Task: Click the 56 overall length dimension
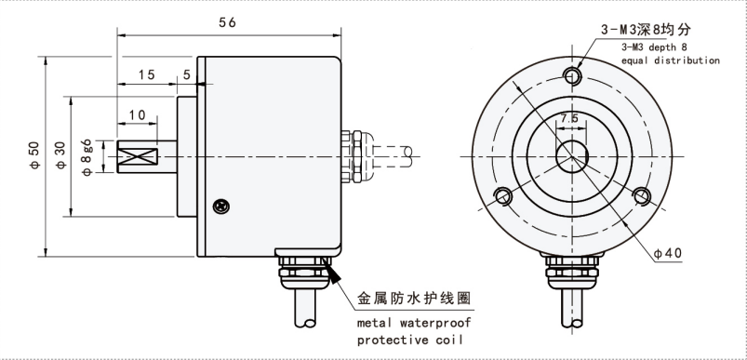pos(228,22)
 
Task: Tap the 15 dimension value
pos(147,74)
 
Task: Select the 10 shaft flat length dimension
pos(137,114)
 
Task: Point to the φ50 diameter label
pos(34,156)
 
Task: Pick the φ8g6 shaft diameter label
pos(87,158)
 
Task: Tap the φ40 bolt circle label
pos(667,253)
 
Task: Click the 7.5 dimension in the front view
pos(568,118)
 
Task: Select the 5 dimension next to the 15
pos(186,74)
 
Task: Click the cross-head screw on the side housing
pos(221,206)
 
